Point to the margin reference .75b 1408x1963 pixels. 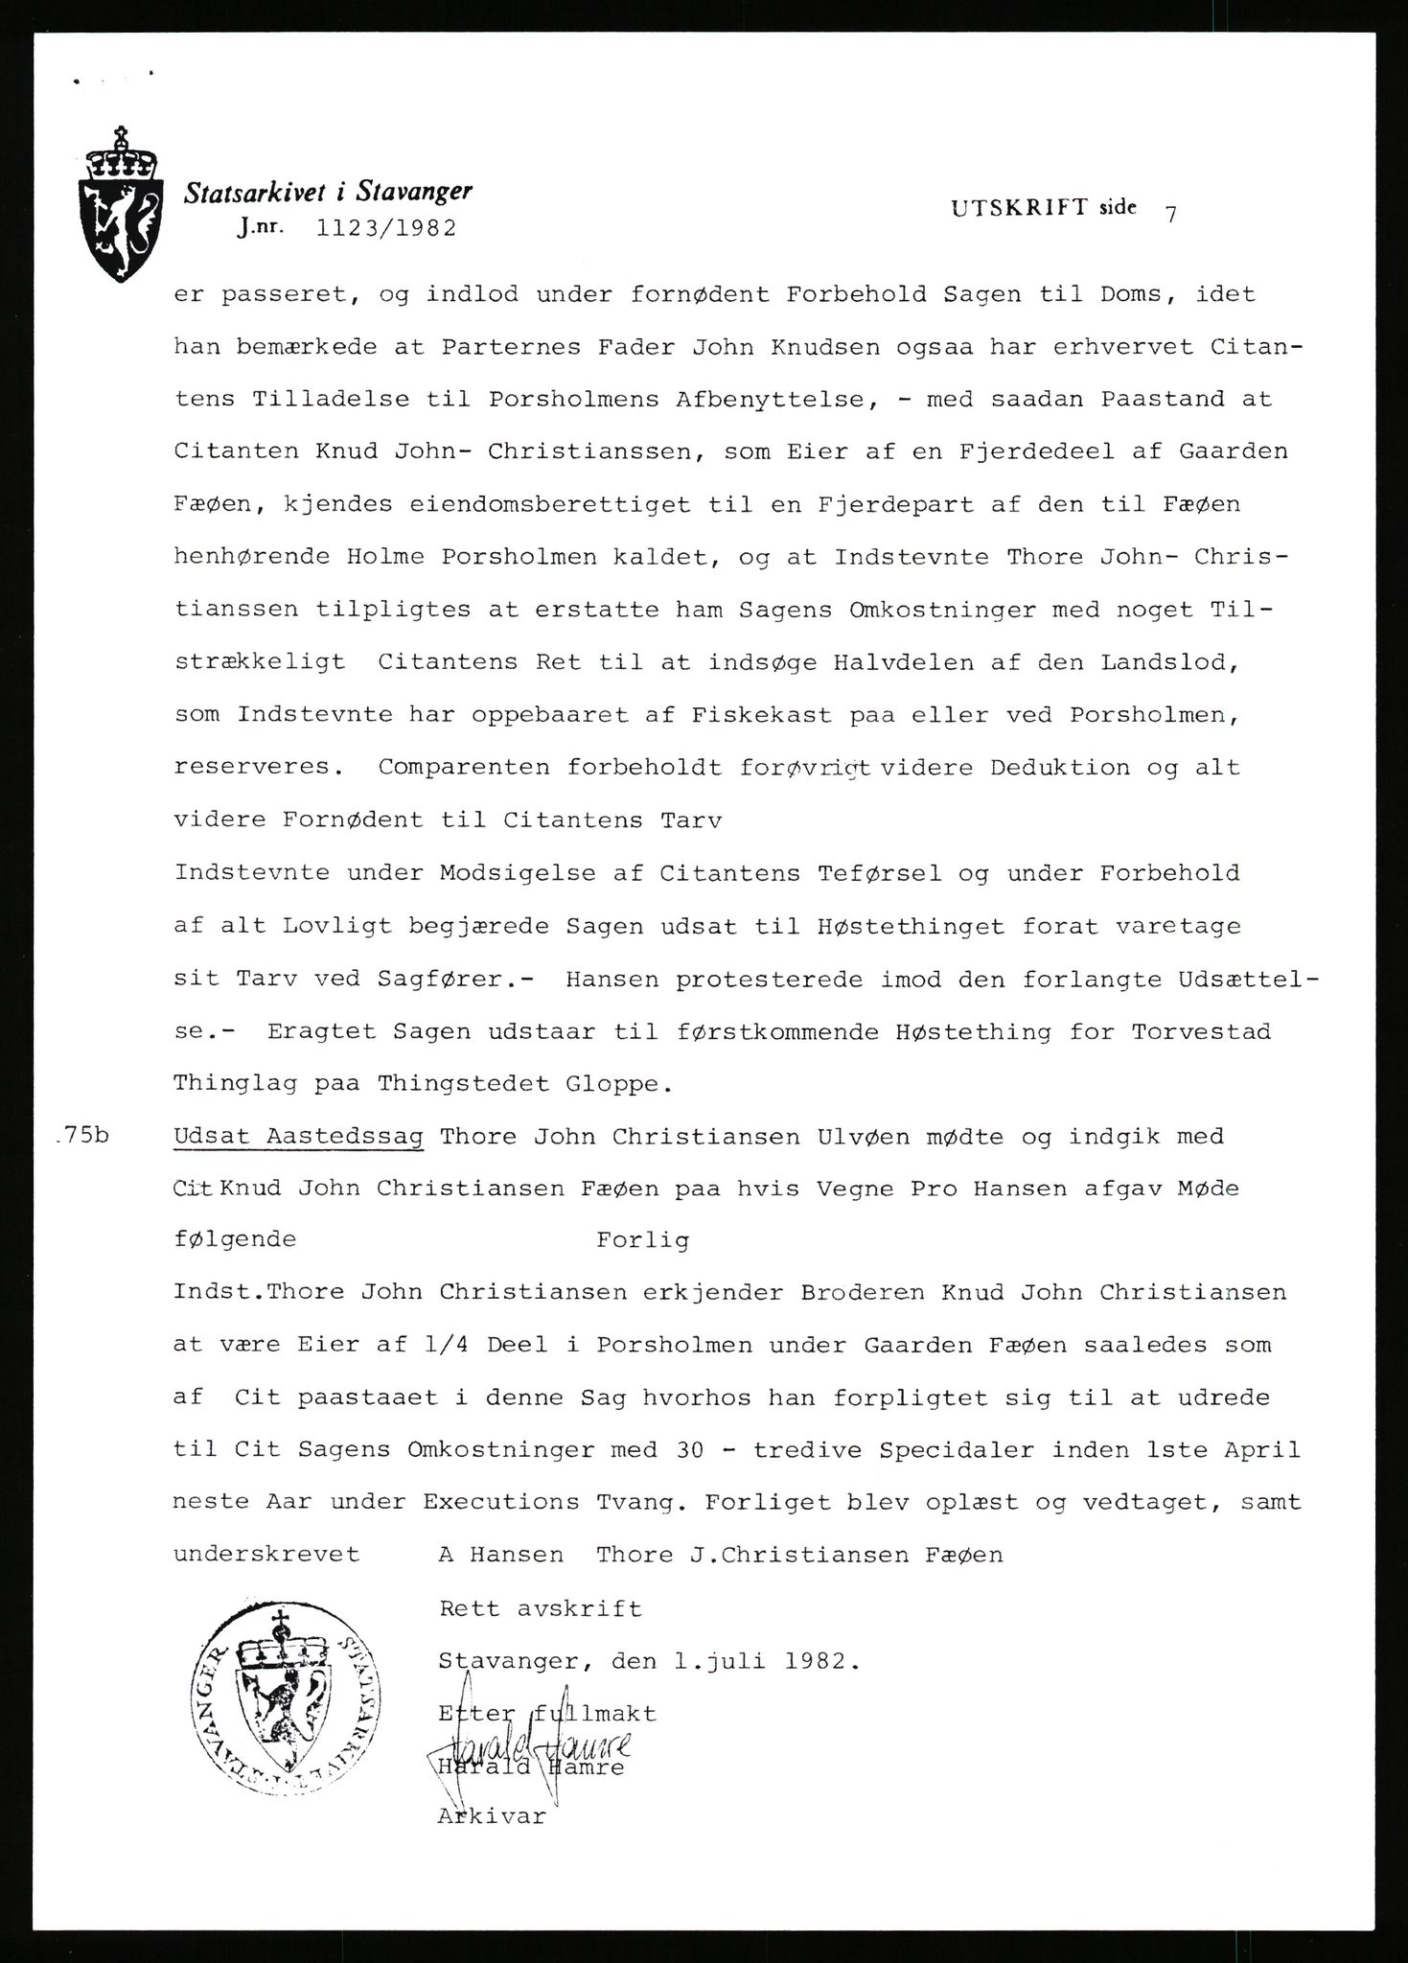click(83, 1137)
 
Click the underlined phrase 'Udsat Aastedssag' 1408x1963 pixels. click(298, 1137)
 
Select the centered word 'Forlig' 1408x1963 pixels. click(642, 1240)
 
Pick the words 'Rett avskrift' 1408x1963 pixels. click(540, 1607)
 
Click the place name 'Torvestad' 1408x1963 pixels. click(1201, 1032)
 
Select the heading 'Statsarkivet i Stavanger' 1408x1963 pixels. click(329, 193)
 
